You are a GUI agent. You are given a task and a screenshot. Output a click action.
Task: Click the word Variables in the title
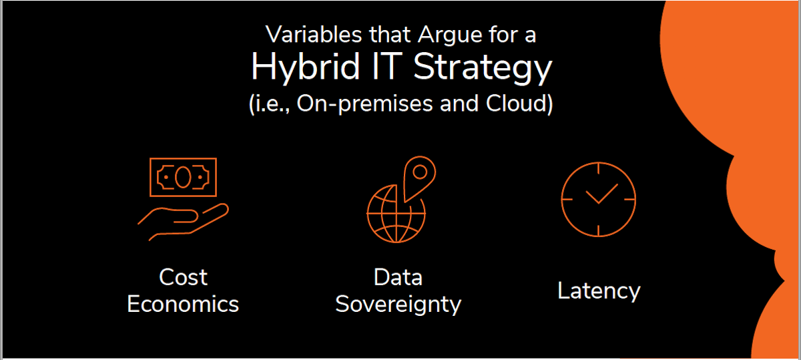point(314,35)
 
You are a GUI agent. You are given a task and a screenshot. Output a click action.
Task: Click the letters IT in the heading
point(387,66)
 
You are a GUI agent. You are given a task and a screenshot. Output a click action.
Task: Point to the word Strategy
point(483,69)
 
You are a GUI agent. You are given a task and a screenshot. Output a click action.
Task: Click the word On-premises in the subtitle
point(364,104)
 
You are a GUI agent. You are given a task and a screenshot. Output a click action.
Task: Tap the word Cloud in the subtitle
point(515,103)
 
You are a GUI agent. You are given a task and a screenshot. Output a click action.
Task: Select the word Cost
point(183,277)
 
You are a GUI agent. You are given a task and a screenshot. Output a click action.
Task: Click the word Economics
point(183,304)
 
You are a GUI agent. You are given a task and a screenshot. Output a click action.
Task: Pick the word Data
point(398,277)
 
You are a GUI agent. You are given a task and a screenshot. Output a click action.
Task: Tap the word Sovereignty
point(398,305)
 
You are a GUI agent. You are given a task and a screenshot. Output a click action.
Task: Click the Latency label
point(599,291)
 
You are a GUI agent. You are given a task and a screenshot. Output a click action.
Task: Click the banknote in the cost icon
point(183,177)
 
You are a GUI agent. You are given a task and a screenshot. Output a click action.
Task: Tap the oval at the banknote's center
point(183,177)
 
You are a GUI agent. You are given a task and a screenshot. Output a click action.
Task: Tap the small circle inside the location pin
point(420,172)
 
